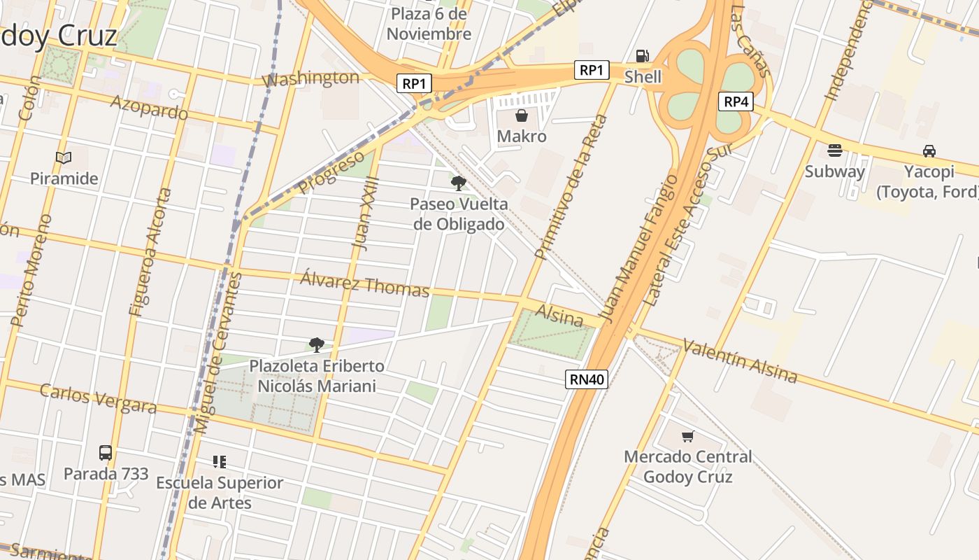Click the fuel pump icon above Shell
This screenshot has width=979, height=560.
point(641,56)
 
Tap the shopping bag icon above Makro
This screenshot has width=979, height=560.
point(522,115)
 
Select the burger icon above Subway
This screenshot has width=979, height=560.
point(834,150)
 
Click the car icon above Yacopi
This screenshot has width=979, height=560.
point(929,150)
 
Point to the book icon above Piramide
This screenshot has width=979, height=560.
point(64,157)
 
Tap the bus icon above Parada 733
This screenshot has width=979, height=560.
point(106,453)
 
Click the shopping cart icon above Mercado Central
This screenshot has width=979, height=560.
point(687,436)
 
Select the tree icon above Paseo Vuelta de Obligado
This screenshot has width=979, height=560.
point(459,183)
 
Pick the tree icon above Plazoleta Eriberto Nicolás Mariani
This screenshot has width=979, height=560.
point(317,344)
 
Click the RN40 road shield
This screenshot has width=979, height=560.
point(587,379)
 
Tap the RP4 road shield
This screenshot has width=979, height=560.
point(736,102)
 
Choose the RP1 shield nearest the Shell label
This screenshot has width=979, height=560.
point(592,70)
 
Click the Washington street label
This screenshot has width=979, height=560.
point(310,78)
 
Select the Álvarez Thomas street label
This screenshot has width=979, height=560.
point(364,283)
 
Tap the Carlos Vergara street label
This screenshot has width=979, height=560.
point(98,398)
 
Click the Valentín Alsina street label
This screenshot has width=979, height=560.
point(740,361)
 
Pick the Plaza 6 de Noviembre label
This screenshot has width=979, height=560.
point(429,24)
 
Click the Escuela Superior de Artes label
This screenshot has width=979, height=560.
point(220,492)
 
